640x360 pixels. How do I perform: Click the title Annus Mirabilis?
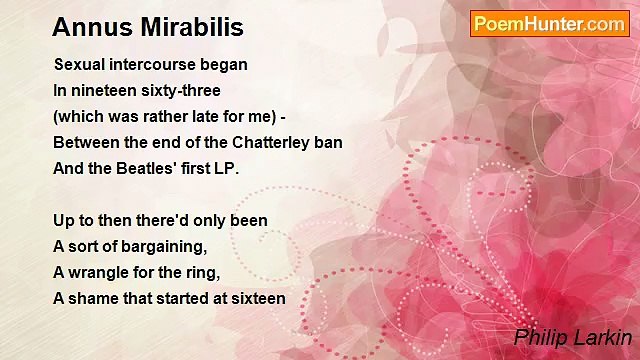coord(147,27)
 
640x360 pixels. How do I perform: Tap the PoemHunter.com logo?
coord(549,24)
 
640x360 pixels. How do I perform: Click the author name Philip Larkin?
coord(572,337)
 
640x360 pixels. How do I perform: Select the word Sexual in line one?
coord(80,64)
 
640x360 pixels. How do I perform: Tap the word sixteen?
coord(256,298)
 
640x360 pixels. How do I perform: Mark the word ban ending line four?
coord(328,142)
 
